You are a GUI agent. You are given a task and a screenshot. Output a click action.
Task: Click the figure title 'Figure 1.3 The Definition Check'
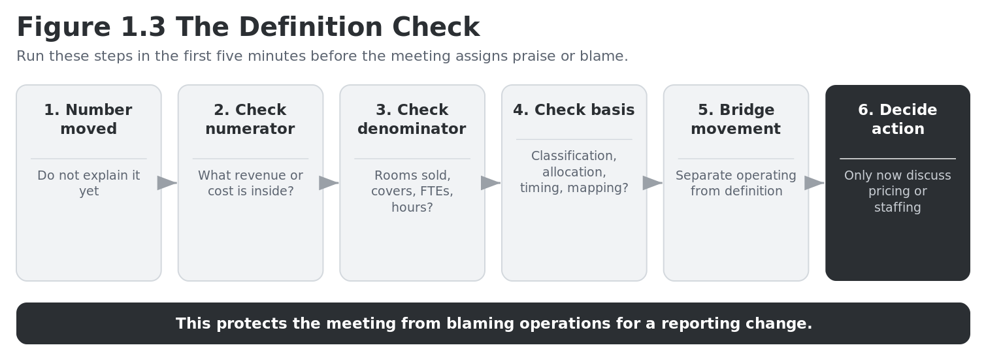click(248, 27)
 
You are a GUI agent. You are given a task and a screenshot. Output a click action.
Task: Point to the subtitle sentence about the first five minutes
click(322, 56)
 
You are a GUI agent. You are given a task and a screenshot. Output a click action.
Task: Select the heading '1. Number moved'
click(88, 120)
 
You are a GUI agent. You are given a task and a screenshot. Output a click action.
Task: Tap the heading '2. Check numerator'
click(250, 120)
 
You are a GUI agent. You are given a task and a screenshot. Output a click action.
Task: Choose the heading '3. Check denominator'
click(412, 120)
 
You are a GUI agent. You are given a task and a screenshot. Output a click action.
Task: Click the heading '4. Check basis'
click(574, 110)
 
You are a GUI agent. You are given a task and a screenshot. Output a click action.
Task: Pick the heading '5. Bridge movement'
click(736, 120)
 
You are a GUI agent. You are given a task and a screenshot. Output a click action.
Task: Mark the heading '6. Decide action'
click(898, 120)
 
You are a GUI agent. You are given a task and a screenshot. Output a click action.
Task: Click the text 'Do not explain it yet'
click(88, 183)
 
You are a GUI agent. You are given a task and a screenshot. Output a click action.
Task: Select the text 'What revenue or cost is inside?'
click(250, 183)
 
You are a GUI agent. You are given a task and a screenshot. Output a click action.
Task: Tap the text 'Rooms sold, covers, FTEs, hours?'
click(412, 191)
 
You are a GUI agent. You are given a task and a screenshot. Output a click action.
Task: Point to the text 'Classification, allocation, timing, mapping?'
click(574, 172)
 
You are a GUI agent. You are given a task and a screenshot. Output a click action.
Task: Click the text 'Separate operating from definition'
click(736, 183)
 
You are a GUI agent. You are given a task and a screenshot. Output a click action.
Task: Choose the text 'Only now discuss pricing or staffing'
click(898, 191)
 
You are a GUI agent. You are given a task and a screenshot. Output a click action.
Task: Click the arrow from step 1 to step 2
click(167, 183)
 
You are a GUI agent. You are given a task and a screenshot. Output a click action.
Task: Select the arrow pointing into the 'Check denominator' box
click(329, 183)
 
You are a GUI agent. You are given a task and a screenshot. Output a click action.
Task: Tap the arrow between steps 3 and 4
click(491, 183)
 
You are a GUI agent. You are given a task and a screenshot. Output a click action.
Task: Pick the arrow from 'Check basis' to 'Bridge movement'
click(653, 183)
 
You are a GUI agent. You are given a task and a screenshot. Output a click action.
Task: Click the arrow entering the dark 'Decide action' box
click(815, 183)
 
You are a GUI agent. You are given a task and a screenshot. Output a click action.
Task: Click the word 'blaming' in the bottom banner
click(480, 324)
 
